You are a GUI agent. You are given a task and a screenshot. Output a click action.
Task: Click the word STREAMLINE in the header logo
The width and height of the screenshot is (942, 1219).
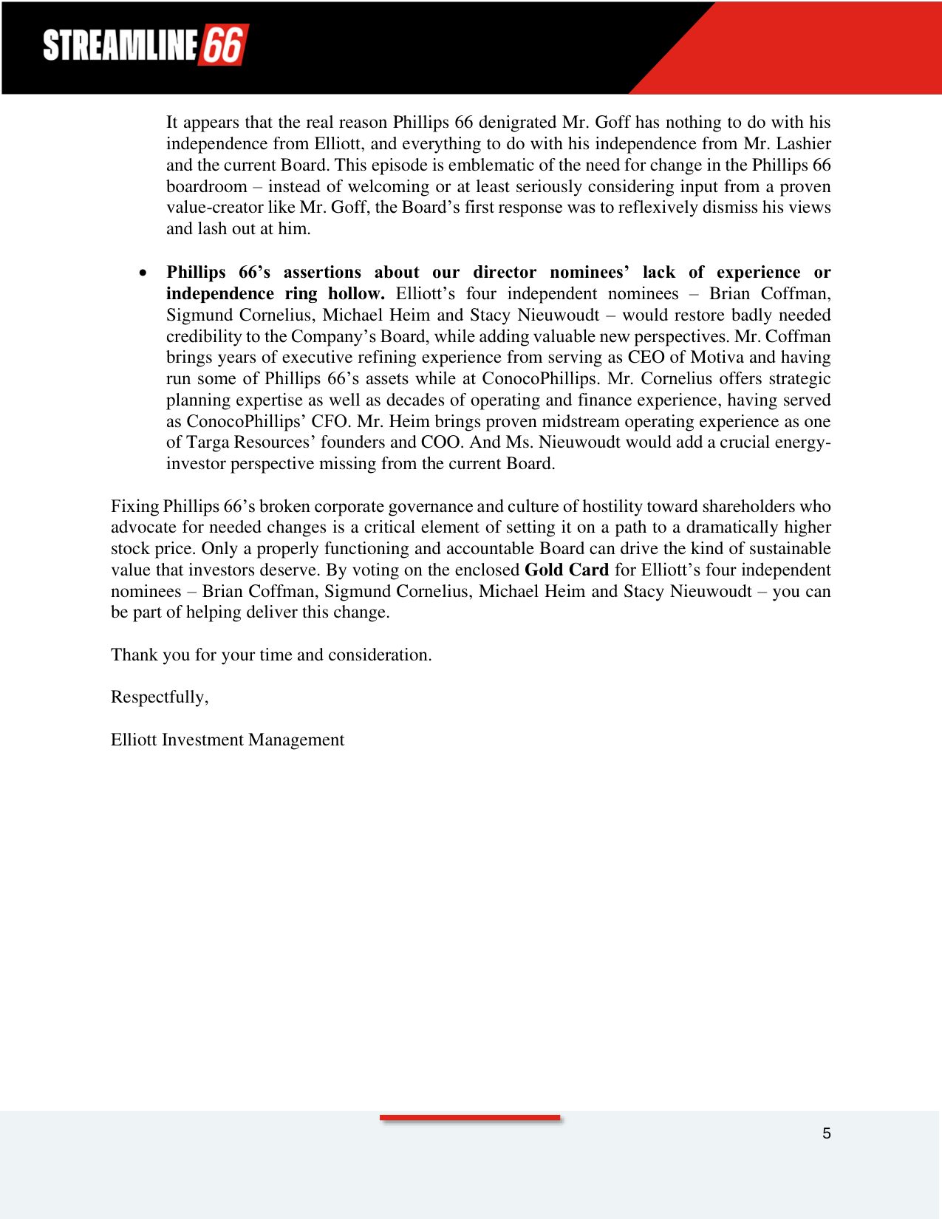click(x=120, y=45)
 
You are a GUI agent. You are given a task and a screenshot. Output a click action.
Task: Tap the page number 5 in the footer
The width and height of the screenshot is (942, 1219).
click(x=826, y=1133)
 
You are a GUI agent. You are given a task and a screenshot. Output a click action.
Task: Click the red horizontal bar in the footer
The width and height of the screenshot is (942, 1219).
click(x=470, y=1118)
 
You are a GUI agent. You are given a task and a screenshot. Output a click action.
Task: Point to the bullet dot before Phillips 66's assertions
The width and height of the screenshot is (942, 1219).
click(x=143, y=273)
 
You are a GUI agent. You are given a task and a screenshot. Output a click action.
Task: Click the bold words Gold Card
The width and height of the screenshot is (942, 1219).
click(x=566, y=570)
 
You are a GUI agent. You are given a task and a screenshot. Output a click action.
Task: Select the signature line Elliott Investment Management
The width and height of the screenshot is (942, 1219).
click(x=227, y=740)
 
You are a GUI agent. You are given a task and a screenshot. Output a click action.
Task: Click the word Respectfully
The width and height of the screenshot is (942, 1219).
click(x=159, y=697)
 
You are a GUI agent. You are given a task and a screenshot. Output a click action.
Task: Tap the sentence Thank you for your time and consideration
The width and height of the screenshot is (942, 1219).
click(x=270, y=655)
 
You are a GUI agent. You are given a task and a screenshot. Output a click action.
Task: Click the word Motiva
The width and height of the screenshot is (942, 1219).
click(x=717, y=358)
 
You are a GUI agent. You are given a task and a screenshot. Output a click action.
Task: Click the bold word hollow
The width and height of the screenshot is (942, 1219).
click(x=356, y=293)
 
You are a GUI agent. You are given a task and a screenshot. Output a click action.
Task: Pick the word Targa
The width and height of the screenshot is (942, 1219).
click(x=208, y=443)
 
